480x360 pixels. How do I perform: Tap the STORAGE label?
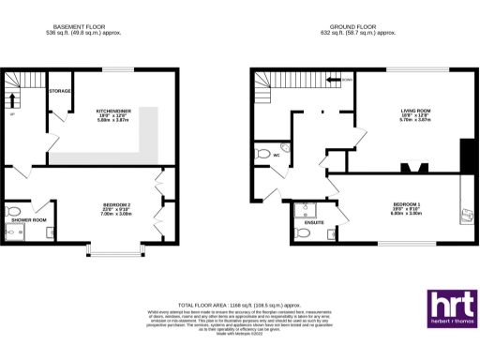[x=61, y=91]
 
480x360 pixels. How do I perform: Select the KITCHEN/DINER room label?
[x=112, y=111]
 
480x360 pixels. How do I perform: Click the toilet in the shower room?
[x=12, y=210]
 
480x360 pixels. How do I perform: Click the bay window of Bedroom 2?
[x=116, y=251]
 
